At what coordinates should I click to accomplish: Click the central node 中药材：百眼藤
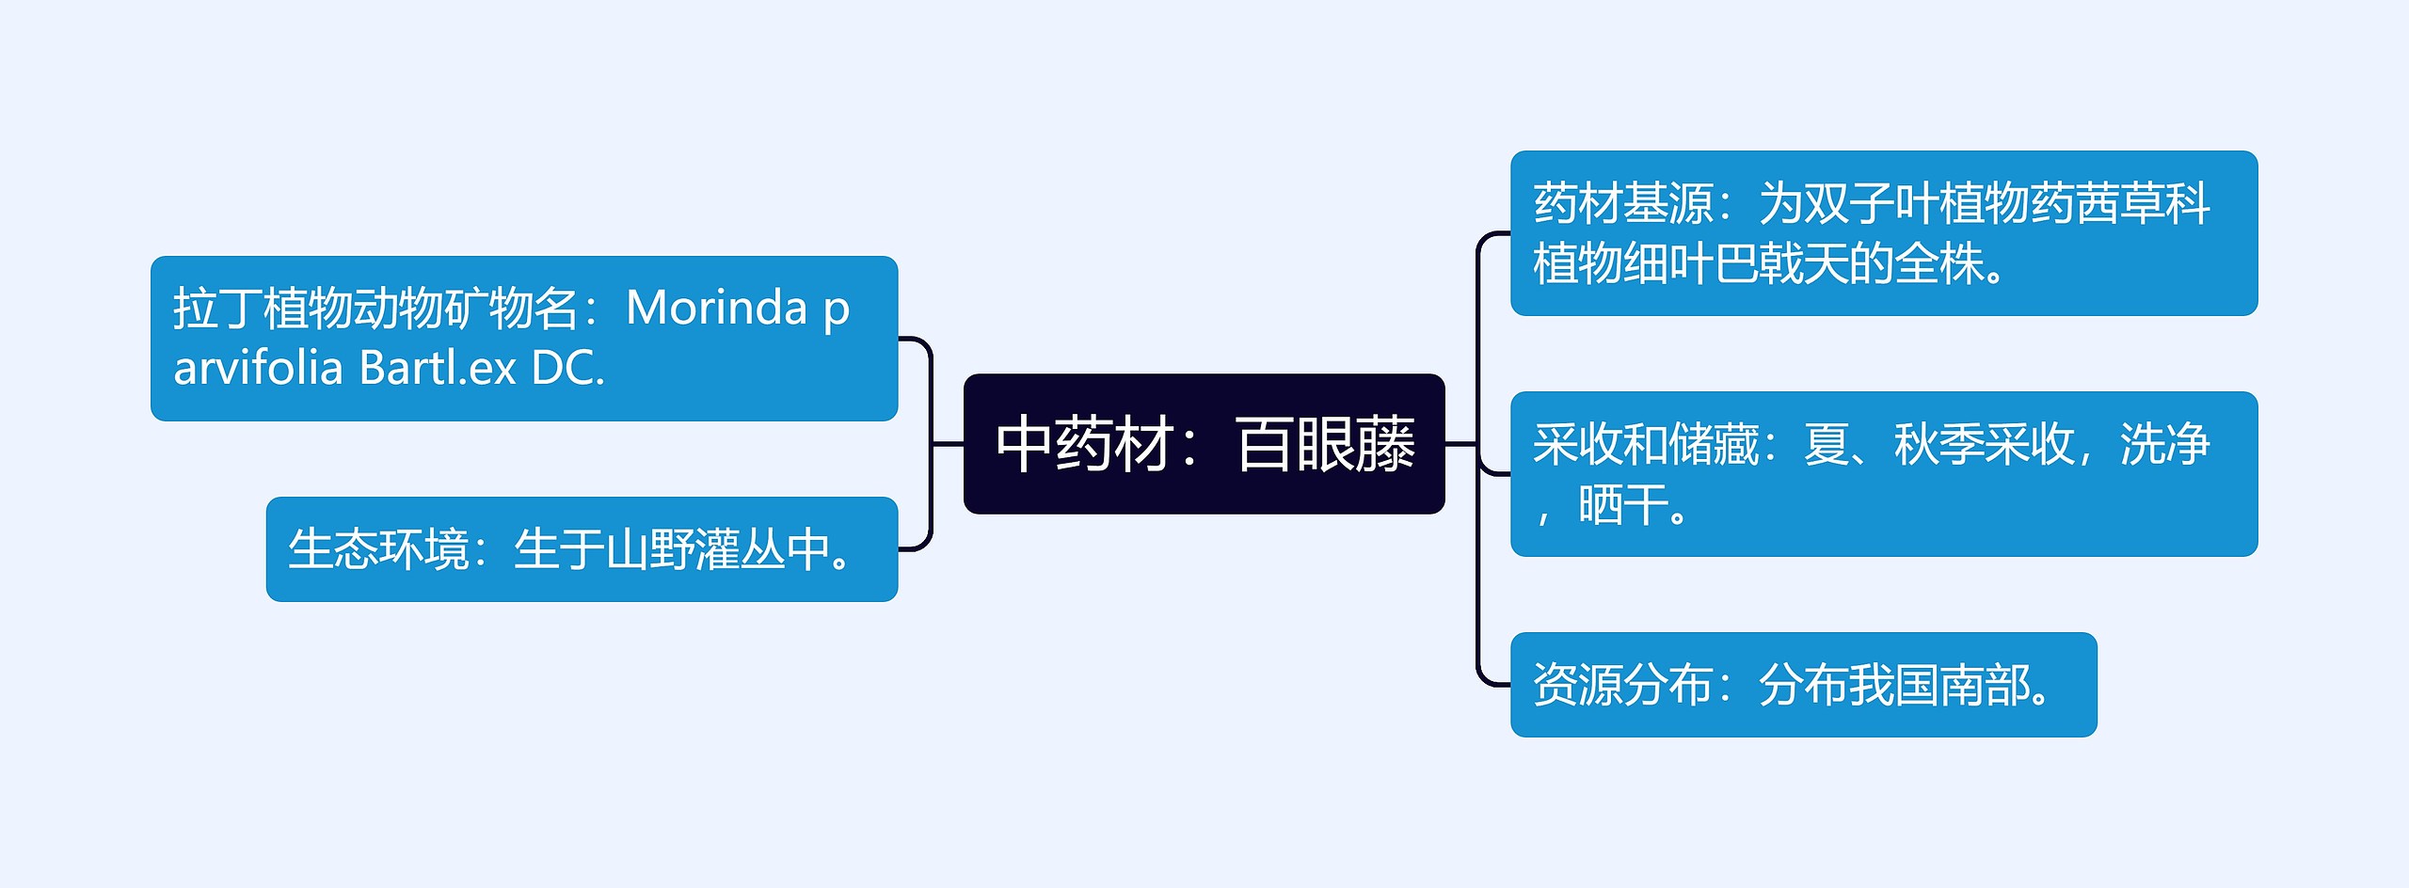(x=1204, y=444)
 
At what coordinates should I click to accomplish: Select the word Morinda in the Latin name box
(x=716, y=308)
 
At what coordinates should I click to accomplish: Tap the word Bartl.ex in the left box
(x=438, y=368)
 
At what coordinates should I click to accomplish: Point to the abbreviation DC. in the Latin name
(x=567, y=368)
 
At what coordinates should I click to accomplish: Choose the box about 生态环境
(x=582, y=549)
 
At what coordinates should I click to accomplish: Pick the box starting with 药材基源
(x=1883, y=233)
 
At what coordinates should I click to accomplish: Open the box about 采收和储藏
(x=1883, y=474)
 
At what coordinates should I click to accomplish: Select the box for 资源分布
(x=1803, y=685)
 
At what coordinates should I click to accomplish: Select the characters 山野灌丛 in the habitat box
(x=694, y=549)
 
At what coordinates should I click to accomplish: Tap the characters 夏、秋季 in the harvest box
(x=1892, y=444)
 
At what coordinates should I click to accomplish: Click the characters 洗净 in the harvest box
(x=2164, y=444)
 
